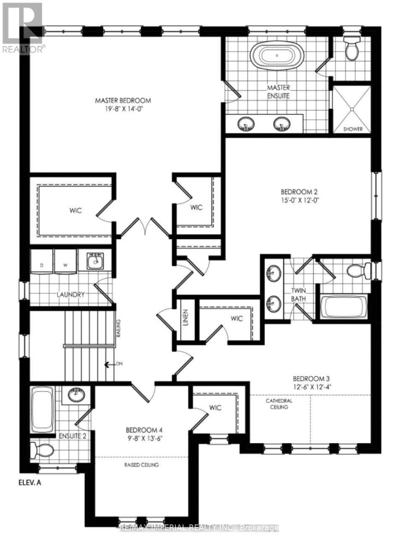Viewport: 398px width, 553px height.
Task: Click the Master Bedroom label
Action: coord(123,100)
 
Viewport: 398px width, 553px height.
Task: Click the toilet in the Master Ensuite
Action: coord(352,51)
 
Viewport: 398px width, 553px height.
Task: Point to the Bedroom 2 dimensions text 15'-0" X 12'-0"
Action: coord(300,200)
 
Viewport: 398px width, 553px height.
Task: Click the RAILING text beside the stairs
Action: coord(118,328)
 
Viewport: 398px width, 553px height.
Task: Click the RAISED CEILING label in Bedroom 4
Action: coord(141,465)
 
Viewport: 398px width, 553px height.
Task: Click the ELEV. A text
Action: coord(32,484)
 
